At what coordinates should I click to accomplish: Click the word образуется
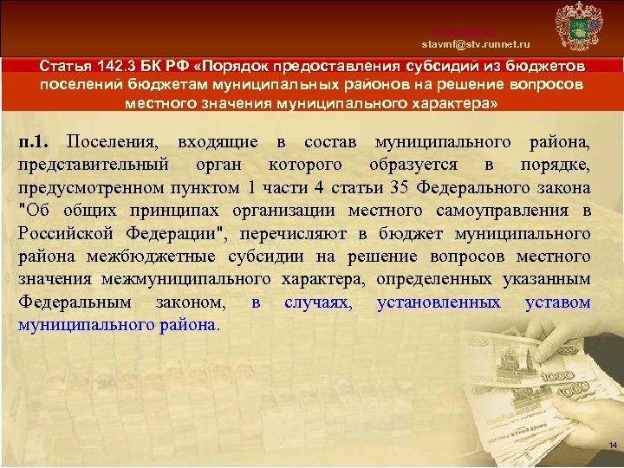[413, 165]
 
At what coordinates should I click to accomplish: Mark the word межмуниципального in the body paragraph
[188, 279]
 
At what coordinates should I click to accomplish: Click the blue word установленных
[439, 302]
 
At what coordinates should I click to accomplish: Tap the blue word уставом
[557, 302]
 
